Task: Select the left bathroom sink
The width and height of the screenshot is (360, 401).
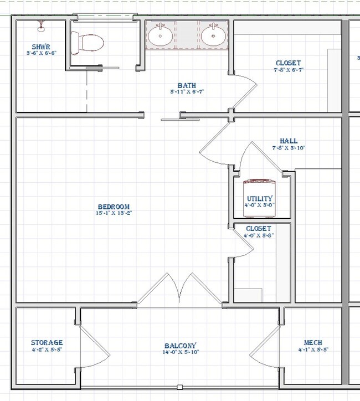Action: tap(160, 37)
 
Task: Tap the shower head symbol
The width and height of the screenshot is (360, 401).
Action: tap(42, 25)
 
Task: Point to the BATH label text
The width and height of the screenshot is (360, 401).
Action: tap(186, 86)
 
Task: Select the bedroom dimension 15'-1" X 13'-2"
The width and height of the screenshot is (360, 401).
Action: tap(113, 213)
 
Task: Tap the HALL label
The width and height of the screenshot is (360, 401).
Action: tap(289, 141)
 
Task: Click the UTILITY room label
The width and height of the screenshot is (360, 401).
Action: tap(259, 199)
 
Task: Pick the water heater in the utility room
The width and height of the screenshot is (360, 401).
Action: tap(259, 185)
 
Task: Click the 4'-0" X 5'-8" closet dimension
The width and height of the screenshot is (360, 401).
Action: tap(259, 235)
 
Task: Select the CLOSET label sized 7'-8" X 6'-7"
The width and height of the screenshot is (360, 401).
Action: tap(287, 63)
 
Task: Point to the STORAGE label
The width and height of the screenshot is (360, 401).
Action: tap(47, 343)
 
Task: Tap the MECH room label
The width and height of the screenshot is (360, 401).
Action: tap(313, 343)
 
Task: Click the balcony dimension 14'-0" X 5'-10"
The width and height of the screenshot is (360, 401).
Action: tap(180, 352)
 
